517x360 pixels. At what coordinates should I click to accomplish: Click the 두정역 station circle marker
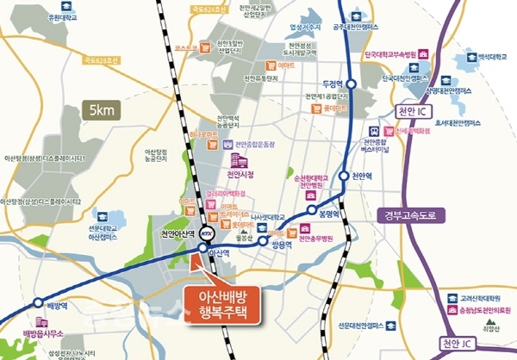pyautogui.click(x=352, y=83)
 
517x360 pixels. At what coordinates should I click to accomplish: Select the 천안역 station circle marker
pyautogui.click(x=347, y=176)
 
